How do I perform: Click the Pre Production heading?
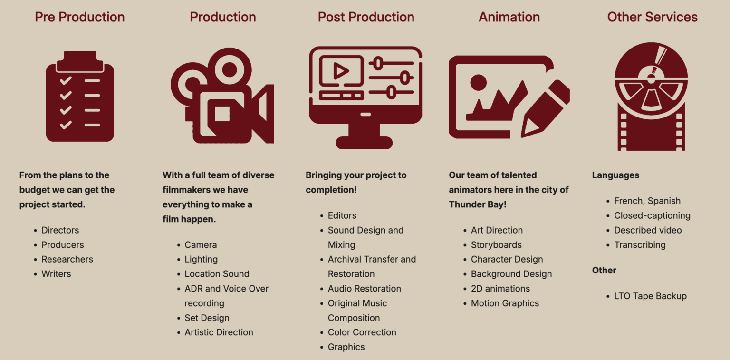[79, 17]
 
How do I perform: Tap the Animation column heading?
[509, 17]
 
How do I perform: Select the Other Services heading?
[652, 17]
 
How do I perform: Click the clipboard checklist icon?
[80, 96]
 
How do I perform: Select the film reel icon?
[651, 97]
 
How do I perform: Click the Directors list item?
[60, 230]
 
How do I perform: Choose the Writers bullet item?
[56, 274]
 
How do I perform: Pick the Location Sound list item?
[217, 274]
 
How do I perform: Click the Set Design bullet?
[207, 318]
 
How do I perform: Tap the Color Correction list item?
[362, 332]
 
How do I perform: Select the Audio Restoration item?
[365, 289]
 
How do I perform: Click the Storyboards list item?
[496, 245]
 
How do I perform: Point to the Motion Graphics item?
[505, 303]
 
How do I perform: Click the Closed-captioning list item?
[652, 215]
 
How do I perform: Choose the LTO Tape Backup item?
[650, 296]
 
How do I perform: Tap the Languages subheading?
[615, 175]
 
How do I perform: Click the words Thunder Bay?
[478, 204]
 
